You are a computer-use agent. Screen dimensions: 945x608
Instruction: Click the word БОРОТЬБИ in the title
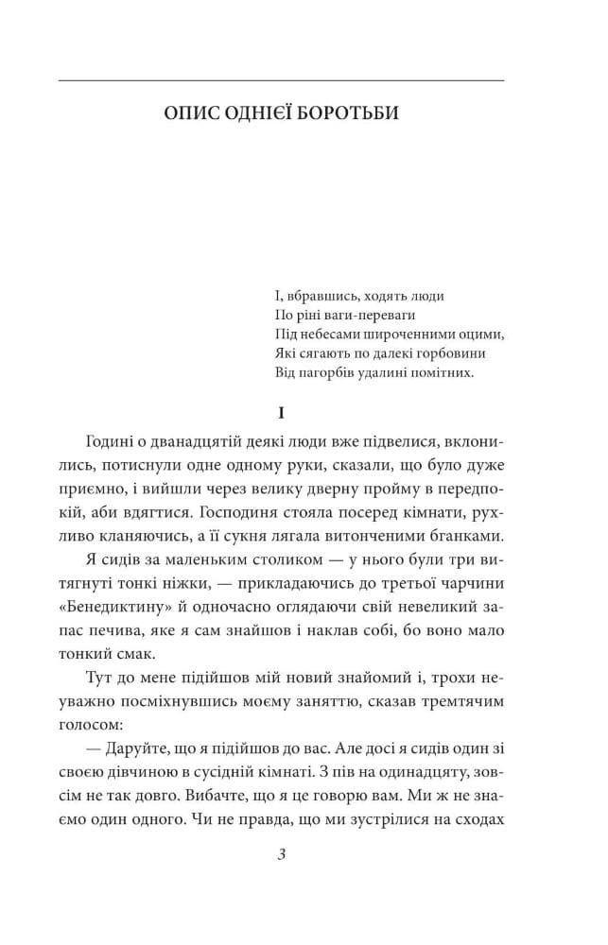coord(353,113)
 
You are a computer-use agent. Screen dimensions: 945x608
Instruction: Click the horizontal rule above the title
coord(281,80)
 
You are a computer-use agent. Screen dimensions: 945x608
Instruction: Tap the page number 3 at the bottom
coord(282,856)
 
